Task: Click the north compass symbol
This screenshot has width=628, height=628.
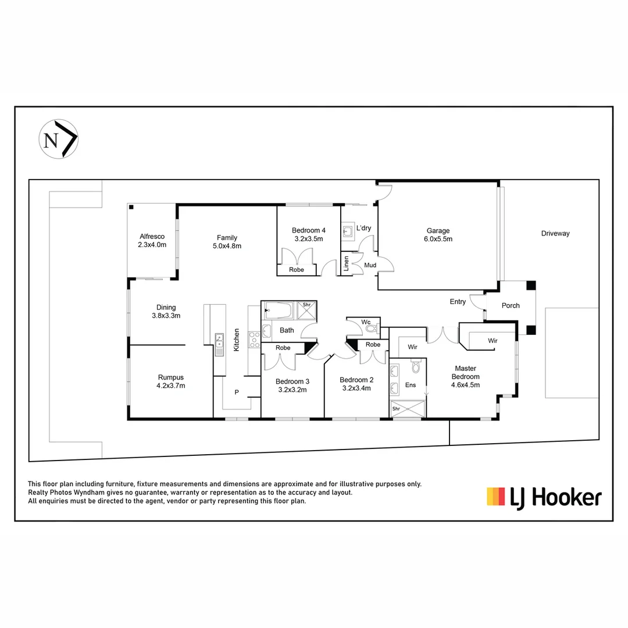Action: pyautogui.click(x=59, y=139)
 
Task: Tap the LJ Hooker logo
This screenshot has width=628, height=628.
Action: pyautogui.click(x=544, y=497)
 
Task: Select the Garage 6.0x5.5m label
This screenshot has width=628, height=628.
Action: pyautogui.click(x=438, y=235)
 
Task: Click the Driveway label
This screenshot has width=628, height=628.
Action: pyautogui.click(x=555, y=233)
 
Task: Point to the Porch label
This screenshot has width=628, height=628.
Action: pyautogui.click(x=511, y=305)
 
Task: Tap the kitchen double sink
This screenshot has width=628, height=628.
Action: pyautogui.click(x=219, y=344)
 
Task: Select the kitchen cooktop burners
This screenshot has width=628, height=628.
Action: pyautogui.click(x=254, y=339)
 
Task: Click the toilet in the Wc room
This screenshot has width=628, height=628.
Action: pyautogui.click(x=371, y=328)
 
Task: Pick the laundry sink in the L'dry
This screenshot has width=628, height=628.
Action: pyautogui.click(x=348, y=231)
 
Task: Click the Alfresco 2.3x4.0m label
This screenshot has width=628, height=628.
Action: pyautogui.click(x=152, y=241)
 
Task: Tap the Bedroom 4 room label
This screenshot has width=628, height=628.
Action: pyautogui.click(x=308, y=234)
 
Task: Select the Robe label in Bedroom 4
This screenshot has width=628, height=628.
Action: pyautogui.click(x=297, y=270)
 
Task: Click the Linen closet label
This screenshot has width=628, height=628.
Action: pyautogui.click(x=347, y=263)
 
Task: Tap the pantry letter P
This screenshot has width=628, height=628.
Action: pyautogui.click(x=237, y=392)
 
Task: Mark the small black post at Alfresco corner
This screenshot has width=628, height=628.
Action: pyautogui.click(x=131, y=207)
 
